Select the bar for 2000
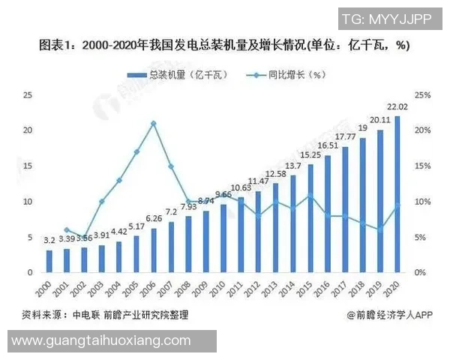coord(49,260)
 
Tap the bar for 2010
coord(223,238)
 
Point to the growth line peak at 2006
coord(154,123)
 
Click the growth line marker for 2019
coord(380,229)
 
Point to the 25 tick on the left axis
coord(28,94)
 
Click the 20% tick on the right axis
coord(422,130)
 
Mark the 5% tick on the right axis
coord(422,237)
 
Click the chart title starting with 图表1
coord(224,45)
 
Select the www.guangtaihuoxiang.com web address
coord(101,341)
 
